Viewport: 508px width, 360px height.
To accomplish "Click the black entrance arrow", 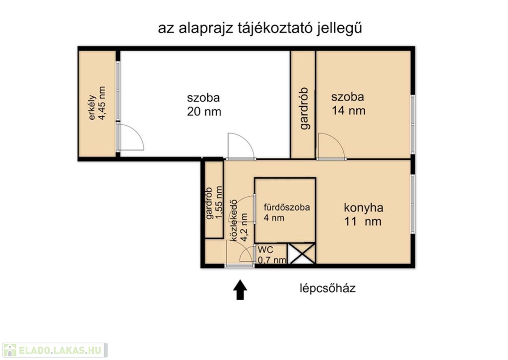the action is point(240,289).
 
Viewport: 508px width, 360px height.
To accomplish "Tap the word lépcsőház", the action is point(327,288).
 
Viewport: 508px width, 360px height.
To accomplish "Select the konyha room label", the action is point(364,208).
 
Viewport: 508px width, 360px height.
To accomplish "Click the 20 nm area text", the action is point(204,112).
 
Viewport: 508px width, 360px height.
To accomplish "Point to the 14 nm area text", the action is point(349,111).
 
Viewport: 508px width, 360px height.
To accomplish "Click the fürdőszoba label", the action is point(287,207).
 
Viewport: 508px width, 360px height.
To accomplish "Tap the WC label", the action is point(265,250).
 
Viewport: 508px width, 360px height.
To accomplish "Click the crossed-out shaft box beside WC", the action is point(301,254).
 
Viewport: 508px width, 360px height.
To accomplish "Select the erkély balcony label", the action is point(92,107).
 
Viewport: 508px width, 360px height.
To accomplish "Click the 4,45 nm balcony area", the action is point(102,103).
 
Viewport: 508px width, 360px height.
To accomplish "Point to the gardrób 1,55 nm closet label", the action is point(214,203).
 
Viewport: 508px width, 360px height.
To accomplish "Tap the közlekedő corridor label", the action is point(233,220).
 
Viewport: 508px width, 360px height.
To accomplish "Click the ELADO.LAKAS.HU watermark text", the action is point(60,350).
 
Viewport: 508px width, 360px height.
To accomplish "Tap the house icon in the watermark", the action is point(9,350).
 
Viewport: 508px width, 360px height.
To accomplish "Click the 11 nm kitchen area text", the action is point(363,222).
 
